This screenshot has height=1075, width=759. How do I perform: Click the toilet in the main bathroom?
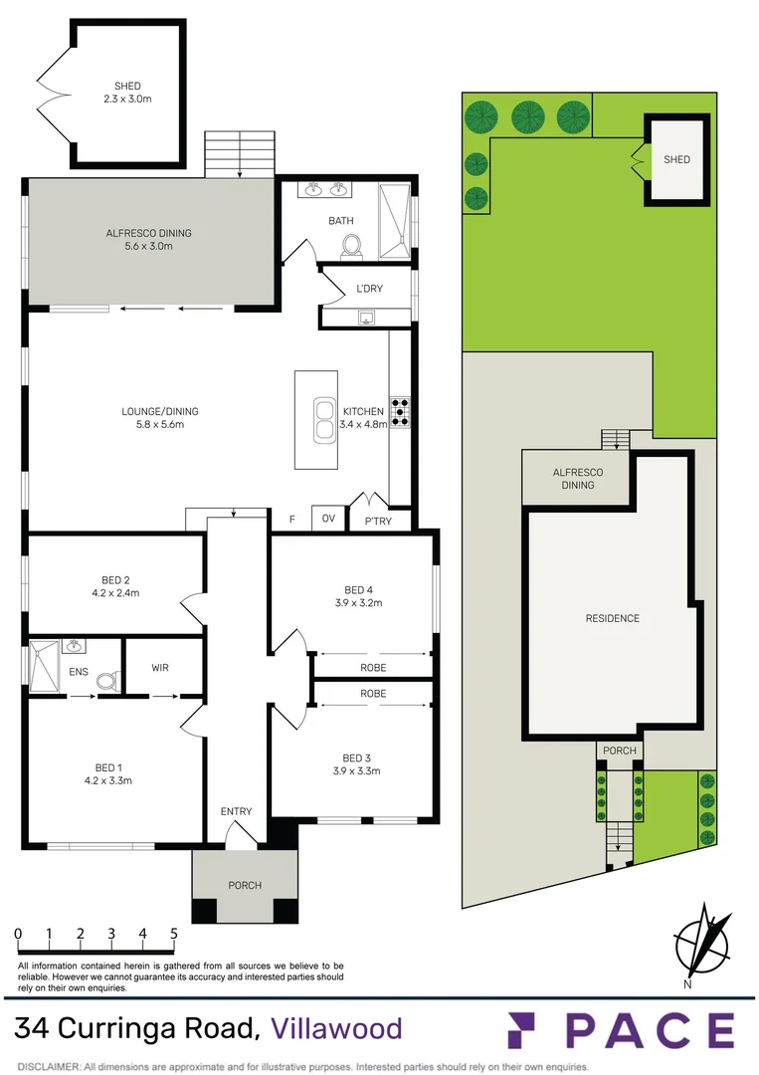(x=350, y=243)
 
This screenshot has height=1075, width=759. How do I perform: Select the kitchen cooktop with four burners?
(x=400, y=412)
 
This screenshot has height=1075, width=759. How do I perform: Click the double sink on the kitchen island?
(x=322, y=420)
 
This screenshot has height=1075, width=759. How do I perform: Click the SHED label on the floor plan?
(x=128, y=87)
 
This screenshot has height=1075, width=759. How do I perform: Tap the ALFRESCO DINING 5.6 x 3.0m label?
(x=148, y=240)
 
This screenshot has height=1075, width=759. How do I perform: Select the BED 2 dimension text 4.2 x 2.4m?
(x=114, y=593)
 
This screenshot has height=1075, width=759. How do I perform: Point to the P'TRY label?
(x=378, y=520)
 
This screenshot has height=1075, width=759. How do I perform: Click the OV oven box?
(x=327, y=519)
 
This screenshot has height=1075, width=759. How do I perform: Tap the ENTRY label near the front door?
(x=237, y=811)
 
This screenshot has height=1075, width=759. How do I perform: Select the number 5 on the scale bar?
(x=174, y=934)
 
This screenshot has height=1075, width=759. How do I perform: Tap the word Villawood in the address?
(x=337, y=1028)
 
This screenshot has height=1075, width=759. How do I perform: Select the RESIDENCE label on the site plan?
(x=612, y=618)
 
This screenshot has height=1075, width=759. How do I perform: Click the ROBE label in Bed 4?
(x=373, y=668)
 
